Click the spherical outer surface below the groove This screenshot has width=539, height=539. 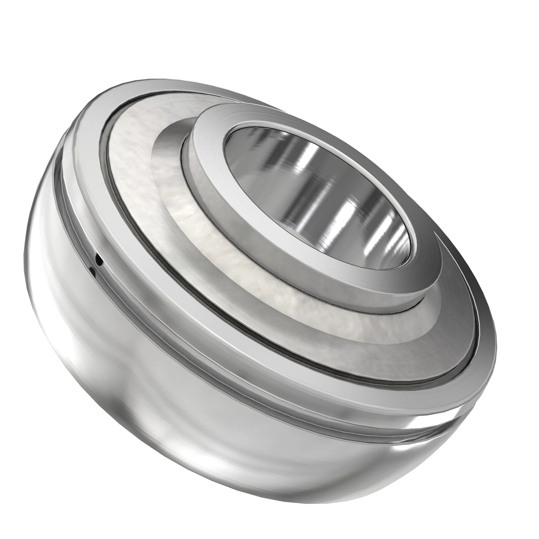click(180, 431)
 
